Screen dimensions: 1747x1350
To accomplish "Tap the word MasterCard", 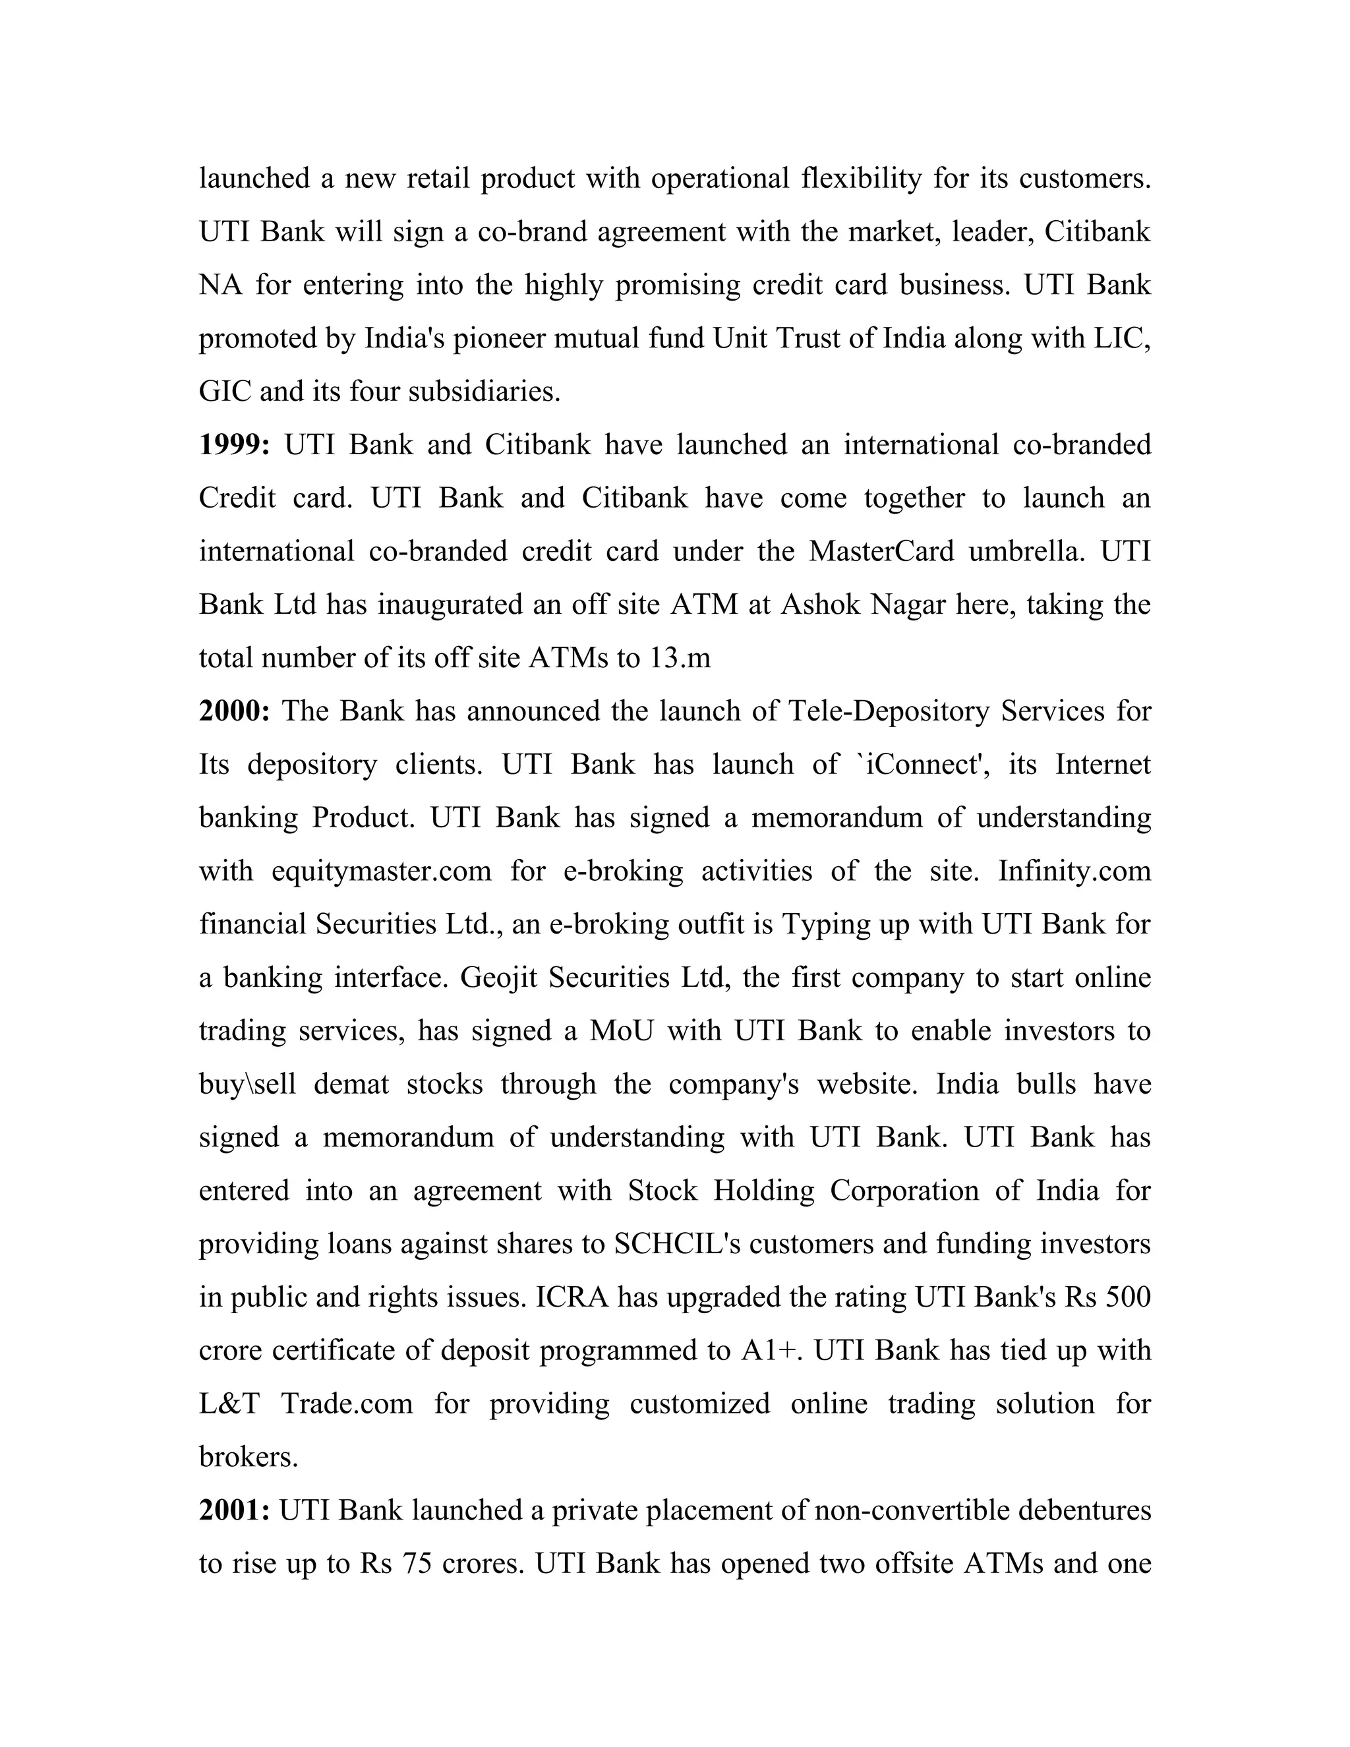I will [881, 551].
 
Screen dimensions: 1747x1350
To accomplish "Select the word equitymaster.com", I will [382, 870].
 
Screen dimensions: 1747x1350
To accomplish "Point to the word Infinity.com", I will [1074, 870].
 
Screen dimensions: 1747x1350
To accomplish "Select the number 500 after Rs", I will [1128, 1297].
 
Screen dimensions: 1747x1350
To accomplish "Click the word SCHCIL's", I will [678, 1244].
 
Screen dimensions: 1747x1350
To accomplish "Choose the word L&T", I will [229, 1404].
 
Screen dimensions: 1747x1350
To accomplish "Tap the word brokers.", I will [248, 1457].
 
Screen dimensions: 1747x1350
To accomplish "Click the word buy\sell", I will [247, 1084].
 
